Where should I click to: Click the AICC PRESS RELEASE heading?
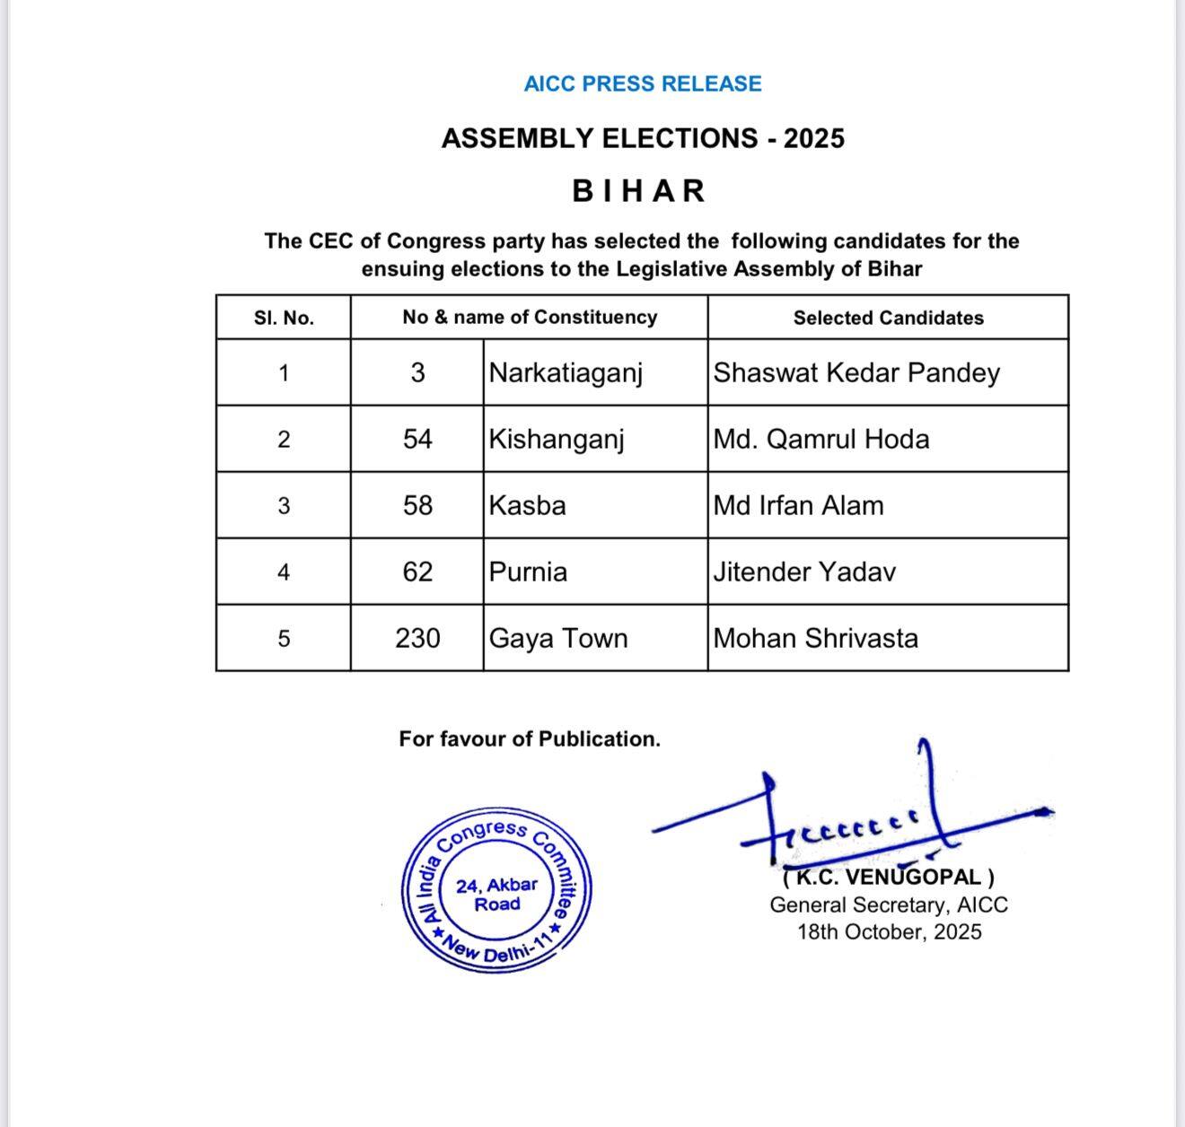click(x=643, y=83)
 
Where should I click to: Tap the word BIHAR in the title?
click(x=639, y=191)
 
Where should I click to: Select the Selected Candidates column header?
click(x=888, y=318)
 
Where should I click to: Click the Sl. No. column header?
click(x=284, y=318)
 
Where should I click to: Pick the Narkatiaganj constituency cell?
click(x=566, y=372)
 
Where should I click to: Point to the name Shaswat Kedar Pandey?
click(x=856, y=372)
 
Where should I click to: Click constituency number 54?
click(x=417, y=439)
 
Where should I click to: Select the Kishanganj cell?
click(x=557, y=439)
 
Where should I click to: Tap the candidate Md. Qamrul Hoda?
click(x=821, y=439)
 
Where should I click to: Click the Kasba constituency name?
click(x=527, y=505)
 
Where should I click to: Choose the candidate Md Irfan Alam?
click(x=798, y=505)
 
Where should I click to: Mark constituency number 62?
click(x=417, y=572)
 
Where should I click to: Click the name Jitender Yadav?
click(x=804, y=572)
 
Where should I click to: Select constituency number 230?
click(x=417, y=638)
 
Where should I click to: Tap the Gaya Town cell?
click(x=557, y=638)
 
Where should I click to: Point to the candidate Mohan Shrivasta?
click(x=815, y=638)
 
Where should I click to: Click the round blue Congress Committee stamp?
click(x=496, y=892)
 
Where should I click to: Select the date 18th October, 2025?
click(x=889, y=931)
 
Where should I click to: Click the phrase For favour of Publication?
click(x=530, y=739)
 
